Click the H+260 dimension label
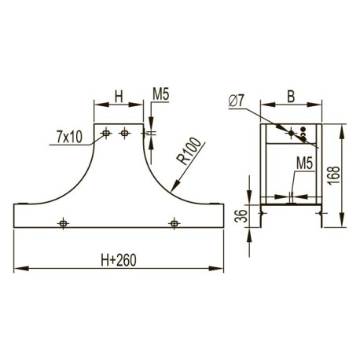[x=119, y=260]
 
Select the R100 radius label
[x=189, y=152]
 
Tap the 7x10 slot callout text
[x=69, y=137]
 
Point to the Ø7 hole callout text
[x=237, y=101]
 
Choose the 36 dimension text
[x=241, y=215]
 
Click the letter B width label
[x=291, y=97]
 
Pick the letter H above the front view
[x=119, y=97]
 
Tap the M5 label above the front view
[x=161, y=94]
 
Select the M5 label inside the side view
[x=305, y=163]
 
